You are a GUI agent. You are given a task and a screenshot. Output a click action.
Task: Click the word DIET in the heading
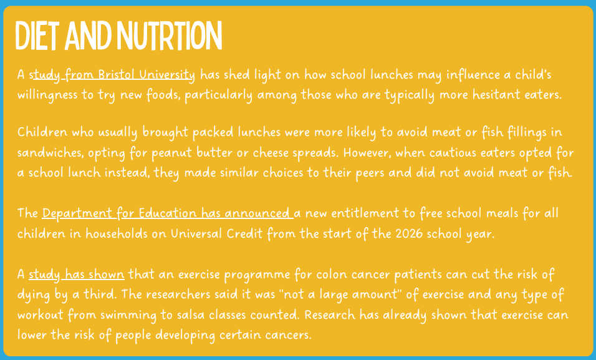[37, 36]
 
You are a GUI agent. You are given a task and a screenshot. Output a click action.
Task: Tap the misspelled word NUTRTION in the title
[169, 36]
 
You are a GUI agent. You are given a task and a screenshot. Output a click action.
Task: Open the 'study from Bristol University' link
[112, 75]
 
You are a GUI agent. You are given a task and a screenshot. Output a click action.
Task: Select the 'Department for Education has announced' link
[168, 213]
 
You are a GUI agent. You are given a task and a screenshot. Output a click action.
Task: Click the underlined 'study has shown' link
[77, 275]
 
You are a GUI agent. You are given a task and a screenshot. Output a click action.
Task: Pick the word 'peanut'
[172, 153]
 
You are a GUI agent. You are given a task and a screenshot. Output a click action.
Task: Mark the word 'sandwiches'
[50, 152]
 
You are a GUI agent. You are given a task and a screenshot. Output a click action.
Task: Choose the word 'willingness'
[47, 95]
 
